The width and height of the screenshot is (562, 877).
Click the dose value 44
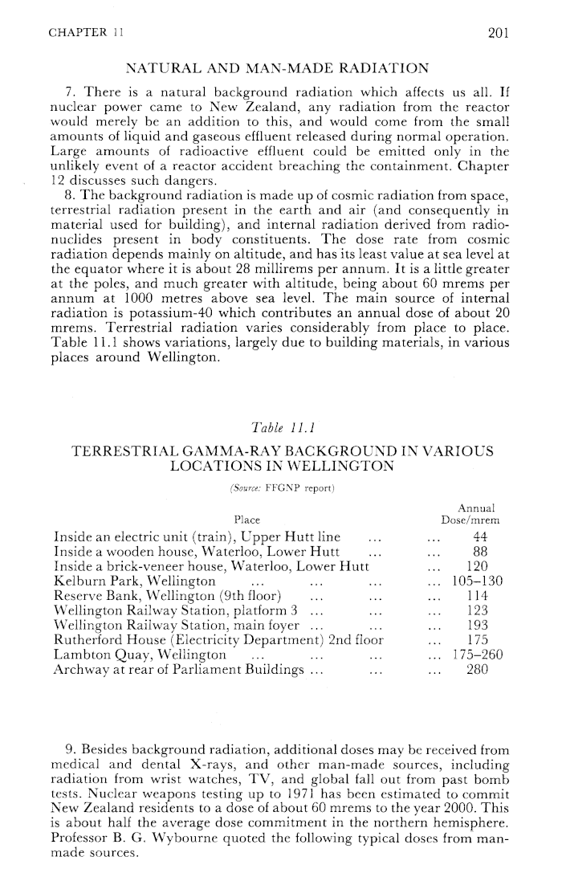tap(482, 536)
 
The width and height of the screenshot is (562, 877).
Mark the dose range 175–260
tap(478, 654)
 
